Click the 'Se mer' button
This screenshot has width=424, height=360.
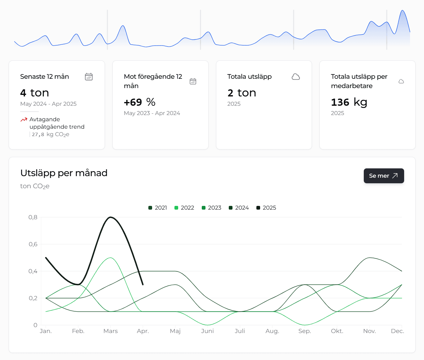tap(384, 176)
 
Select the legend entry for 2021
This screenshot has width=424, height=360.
tap(158, 208)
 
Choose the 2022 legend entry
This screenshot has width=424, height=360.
tap(184, 208)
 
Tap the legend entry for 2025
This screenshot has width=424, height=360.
tap(266, 208)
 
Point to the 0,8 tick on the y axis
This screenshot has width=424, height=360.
tap(33, 217)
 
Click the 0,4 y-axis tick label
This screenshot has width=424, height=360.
tap(33, 271)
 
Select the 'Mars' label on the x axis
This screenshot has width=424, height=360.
tap(111, 331)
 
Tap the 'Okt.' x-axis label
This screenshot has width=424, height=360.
tap(337, 331)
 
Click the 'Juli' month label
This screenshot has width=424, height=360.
tap(240, 331)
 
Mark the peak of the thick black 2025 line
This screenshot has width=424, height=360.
tap(111, 217)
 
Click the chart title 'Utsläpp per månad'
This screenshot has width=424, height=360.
tap(64, 173)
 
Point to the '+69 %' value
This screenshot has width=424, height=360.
tap(140, 102)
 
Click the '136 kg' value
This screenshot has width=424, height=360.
tap(349, 102)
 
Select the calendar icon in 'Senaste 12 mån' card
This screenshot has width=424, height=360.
tap(89, 77)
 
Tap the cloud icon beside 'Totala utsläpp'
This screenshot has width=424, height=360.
tap(296, 77)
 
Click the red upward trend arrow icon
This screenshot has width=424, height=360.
tap(24, 120)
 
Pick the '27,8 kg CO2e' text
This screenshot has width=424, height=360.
tap(51, 135)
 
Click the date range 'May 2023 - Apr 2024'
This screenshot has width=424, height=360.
tap(152, 113)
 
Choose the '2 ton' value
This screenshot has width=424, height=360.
tap(242, 93)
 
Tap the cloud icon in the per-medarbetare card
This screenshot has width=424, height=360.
tap(401, 82)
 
